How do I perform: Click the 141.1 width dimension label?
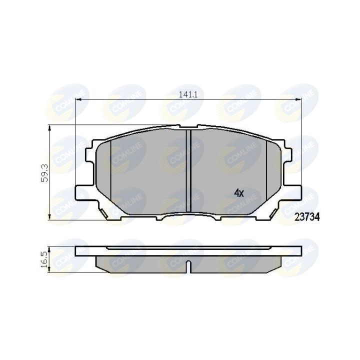188,94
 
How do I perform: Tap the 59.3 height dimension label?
45,173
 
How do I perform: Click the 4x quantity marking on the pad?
239,193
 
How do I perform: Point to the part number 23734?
307,216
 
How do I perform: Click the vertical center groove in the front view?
188,171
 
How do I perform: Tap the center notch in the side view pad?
188,266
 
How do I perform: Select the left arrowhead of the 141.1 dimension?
78,99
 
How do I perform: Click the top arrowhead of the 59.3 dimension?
49,128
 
